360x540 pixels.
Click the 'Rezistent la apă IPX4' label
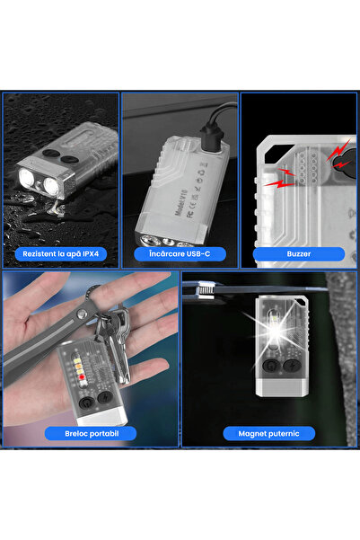click(x=60, y=254)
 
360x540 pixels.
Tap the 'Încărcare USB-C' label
click(x=180, y=254)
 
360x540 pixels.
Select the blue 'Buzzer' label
click(x=299, y=254)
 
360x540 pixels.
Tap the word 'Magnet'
click(x=251, y=433)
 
